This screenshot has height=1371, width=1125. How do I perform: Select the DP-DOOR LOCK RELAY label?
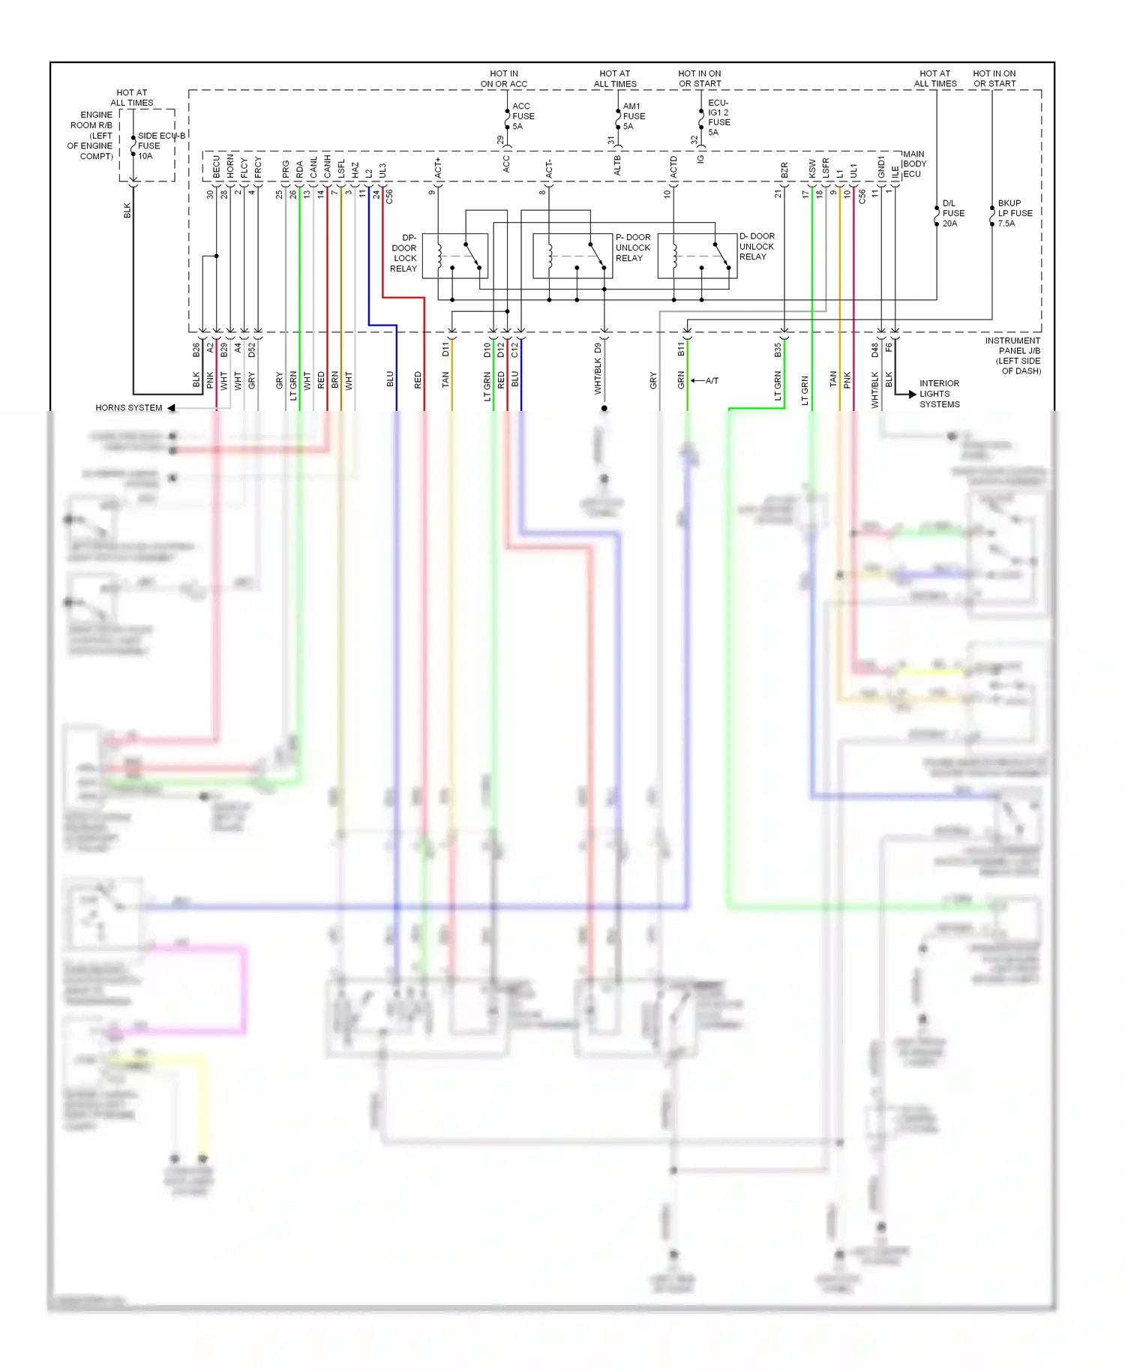pyautogui.click(x=404, y=253)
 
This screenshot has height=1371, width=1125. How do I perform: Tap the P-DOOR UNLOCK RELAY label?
pyautogui.click(x=633, y=247)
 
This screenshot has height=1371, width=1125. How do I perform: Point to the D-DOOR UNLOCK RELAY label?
pyautogui.click(x=757, y=246)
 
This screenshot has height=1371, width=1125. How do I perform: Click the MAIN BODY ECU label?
pyautogui.click(x=914, y=163)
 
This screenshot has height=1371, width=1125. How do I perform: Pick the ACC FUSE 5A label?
pyautogui.click(x=523, y=116)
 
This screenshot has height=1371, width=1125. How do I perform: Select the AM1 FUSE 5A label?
pyautogui.click(x=633, y=116)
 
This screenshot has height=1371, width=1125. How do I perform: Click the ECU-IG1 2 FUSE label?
pyautogui.click(x=718, y=117)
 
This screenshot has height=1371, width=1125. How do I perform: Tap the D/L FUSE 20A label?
pyautogui.click(x=952, y=213)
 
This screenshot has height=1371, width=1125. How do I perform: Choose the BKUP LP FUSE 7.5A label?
pyautogui.click(x=1014, y=213)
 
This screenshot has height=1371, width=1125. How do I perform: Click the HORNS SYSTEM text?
pyautogui.click(x=128, y=408)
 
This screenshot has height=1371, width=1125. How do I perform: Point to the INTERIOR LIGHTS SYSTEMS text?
pyautogui.click(x=939, y=394)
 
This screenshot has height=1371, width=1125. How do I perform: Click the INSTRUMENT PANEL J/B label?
pyautogui.click(x=1012, y=355)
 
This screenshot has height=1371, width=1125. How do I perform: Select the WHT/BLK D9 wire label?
pyautogui.click(x=598, y=369)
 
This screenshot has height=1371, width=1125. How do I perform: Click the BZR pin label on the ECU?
pyautogui.click(x=784, y=169)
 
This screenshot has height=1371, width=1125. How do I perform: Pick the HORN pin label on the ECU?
pyautogui.click(x=230, y=166)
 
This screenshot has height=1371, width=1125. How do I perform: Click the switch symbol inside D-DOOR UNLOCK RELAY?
pyautogui.click(x=721, y=255)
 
